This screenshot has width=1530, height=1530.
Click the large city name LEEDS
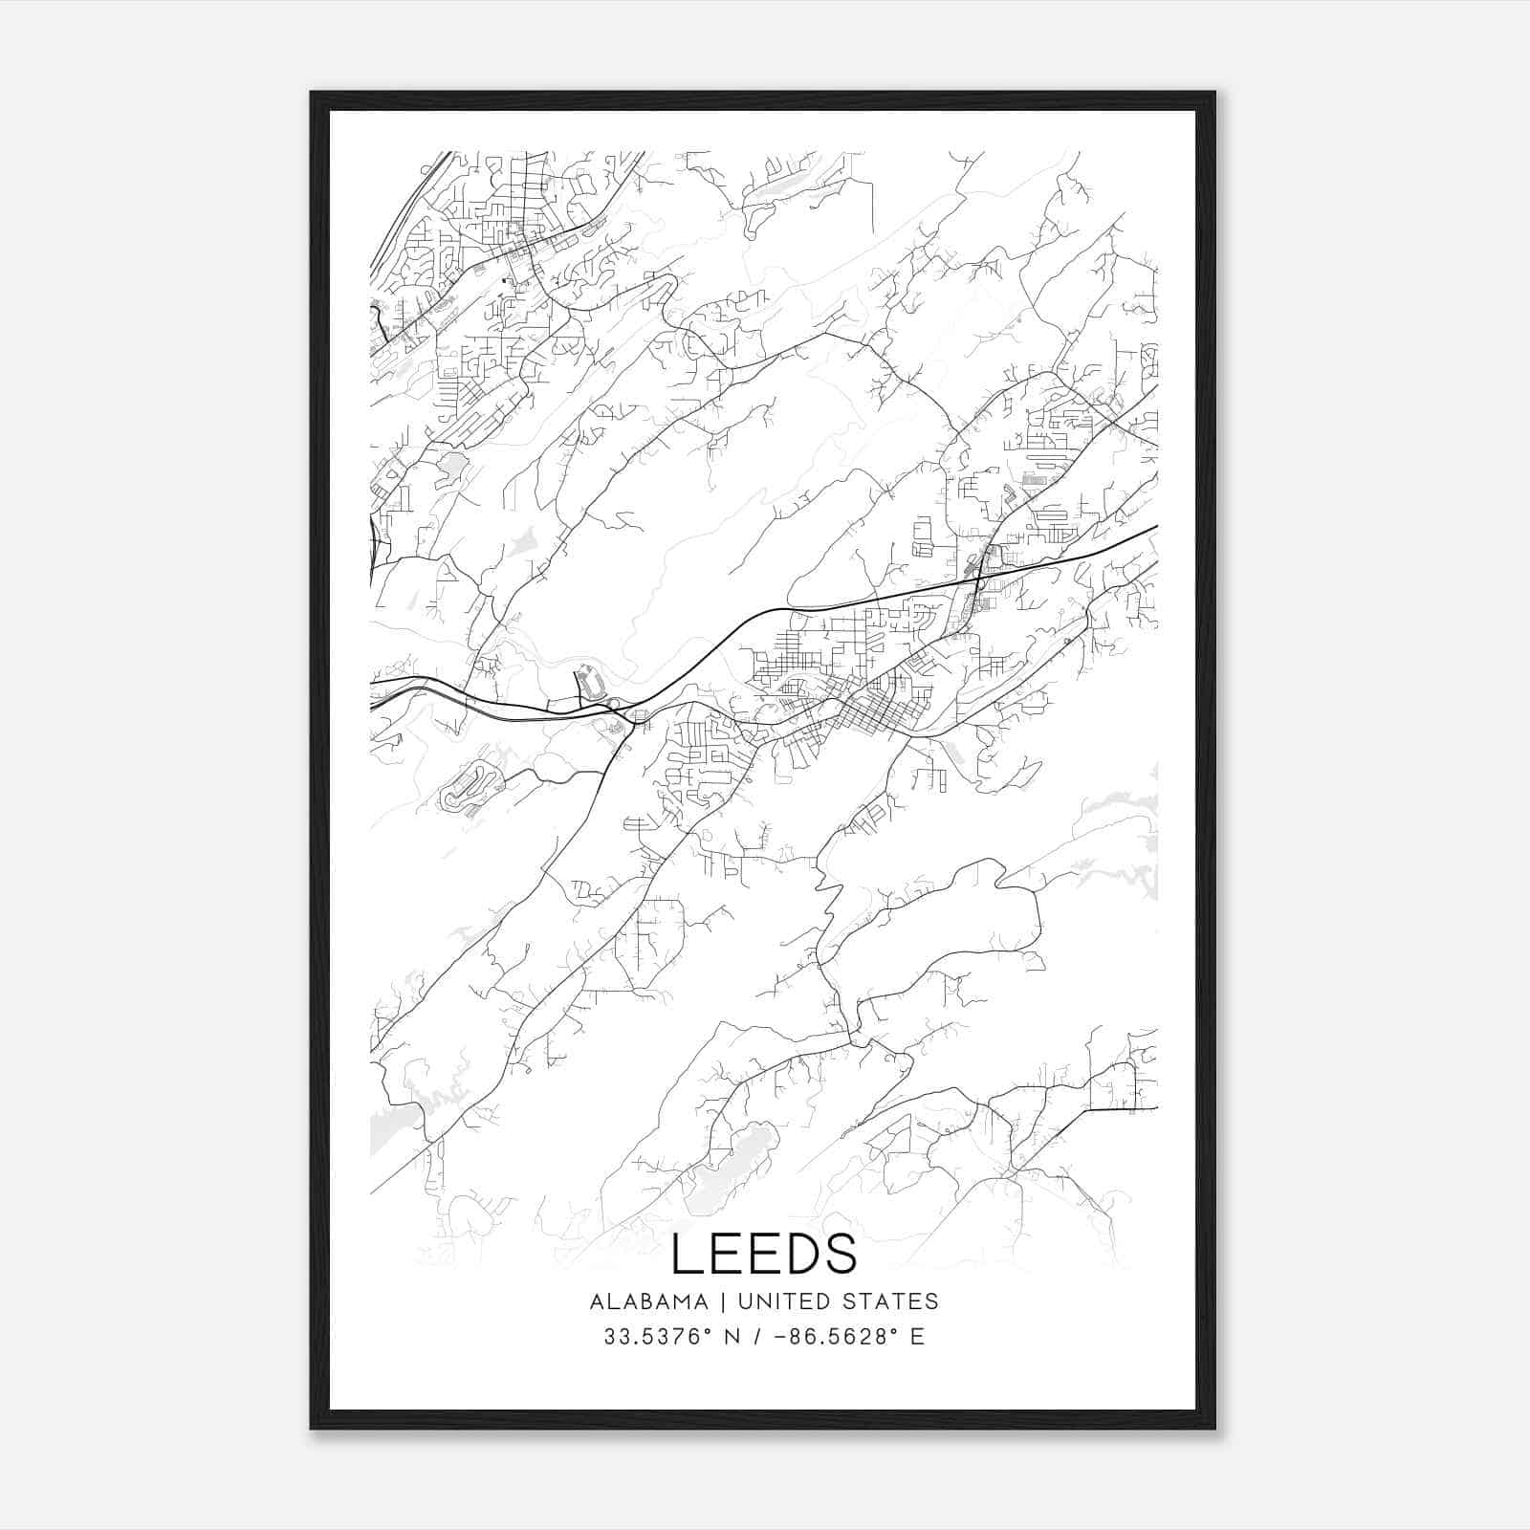point(764,1254)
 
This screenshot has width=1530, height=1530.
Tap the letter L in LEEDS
point(687,1254)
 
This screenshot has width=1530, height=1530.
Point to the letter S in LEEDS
point(840,1254)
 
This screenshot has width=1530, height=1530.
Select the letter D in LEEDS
point(801,1254)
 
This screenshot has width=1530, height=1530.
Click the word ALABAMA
point(649,1301)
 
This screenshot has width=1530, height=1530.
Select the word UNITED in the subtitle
point(778,1301)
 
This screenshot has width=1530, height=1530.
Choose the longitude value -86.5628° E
point(857,1336)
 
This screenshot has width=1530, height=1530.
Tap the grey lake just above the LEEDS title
point(731,1163)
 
